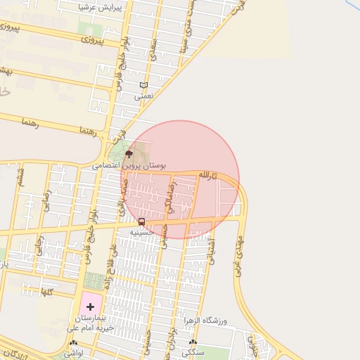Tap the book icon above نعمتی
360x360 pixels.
[143, 86]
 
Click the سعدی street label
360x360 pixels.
[153, 49]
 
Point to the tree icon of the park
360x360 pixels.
[128, 153]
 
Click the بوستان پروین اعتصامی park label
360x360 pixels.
[129, 166]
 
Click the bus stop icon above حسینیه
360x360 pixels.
[142, 222]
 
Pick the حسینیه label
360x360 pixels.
[143, 231]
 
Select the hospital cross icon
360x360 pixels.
[90, 307]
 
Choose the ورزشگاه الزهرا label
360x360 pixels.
[205, 321]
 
